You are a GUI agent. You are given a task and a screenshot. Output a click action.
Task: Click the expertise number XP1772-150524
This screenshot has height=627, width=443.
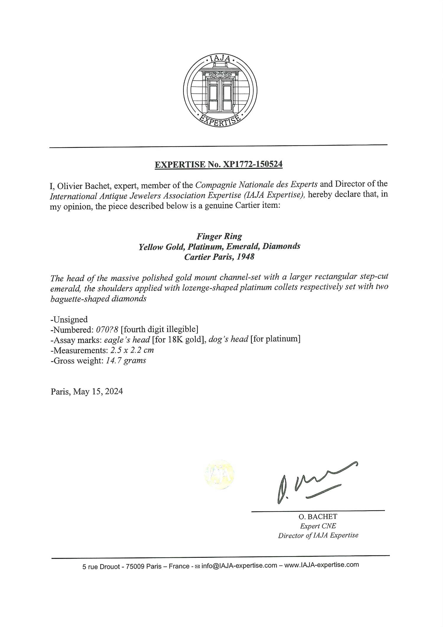(253, 164)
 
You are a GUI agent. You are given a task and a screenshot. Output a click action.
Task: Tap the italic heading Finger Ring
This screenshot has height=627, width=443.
(219, 236)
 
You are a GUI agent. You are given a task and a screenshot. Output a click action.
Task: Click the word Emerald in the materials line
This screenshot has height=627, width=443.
(243, 246)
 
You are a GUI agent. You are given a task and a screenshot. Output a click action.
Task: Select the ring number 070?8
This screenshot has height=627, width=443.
(107, 329)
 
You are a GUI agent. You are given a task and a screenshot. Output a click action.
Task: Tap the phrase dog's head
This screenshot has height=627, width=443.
(228, 339)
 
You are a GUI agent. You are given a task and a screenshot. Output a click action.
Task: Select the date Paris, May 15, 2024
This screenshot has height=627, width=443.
(87, 391)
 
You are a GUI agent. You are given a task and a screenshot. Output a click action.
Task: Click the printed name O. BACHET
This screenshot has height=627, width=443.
(318, 517)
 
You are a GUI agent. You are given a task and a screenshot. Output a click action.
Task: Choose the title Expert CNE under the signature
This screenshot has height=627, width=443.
(318, 526)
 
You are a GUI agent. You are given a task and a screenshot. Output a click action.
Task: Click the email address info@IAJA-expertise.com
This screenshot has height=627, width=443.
(239, 566)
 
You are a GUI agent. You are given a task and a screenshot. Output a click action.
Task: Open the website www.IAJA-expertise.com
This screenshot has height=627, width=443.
(322, 565)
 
